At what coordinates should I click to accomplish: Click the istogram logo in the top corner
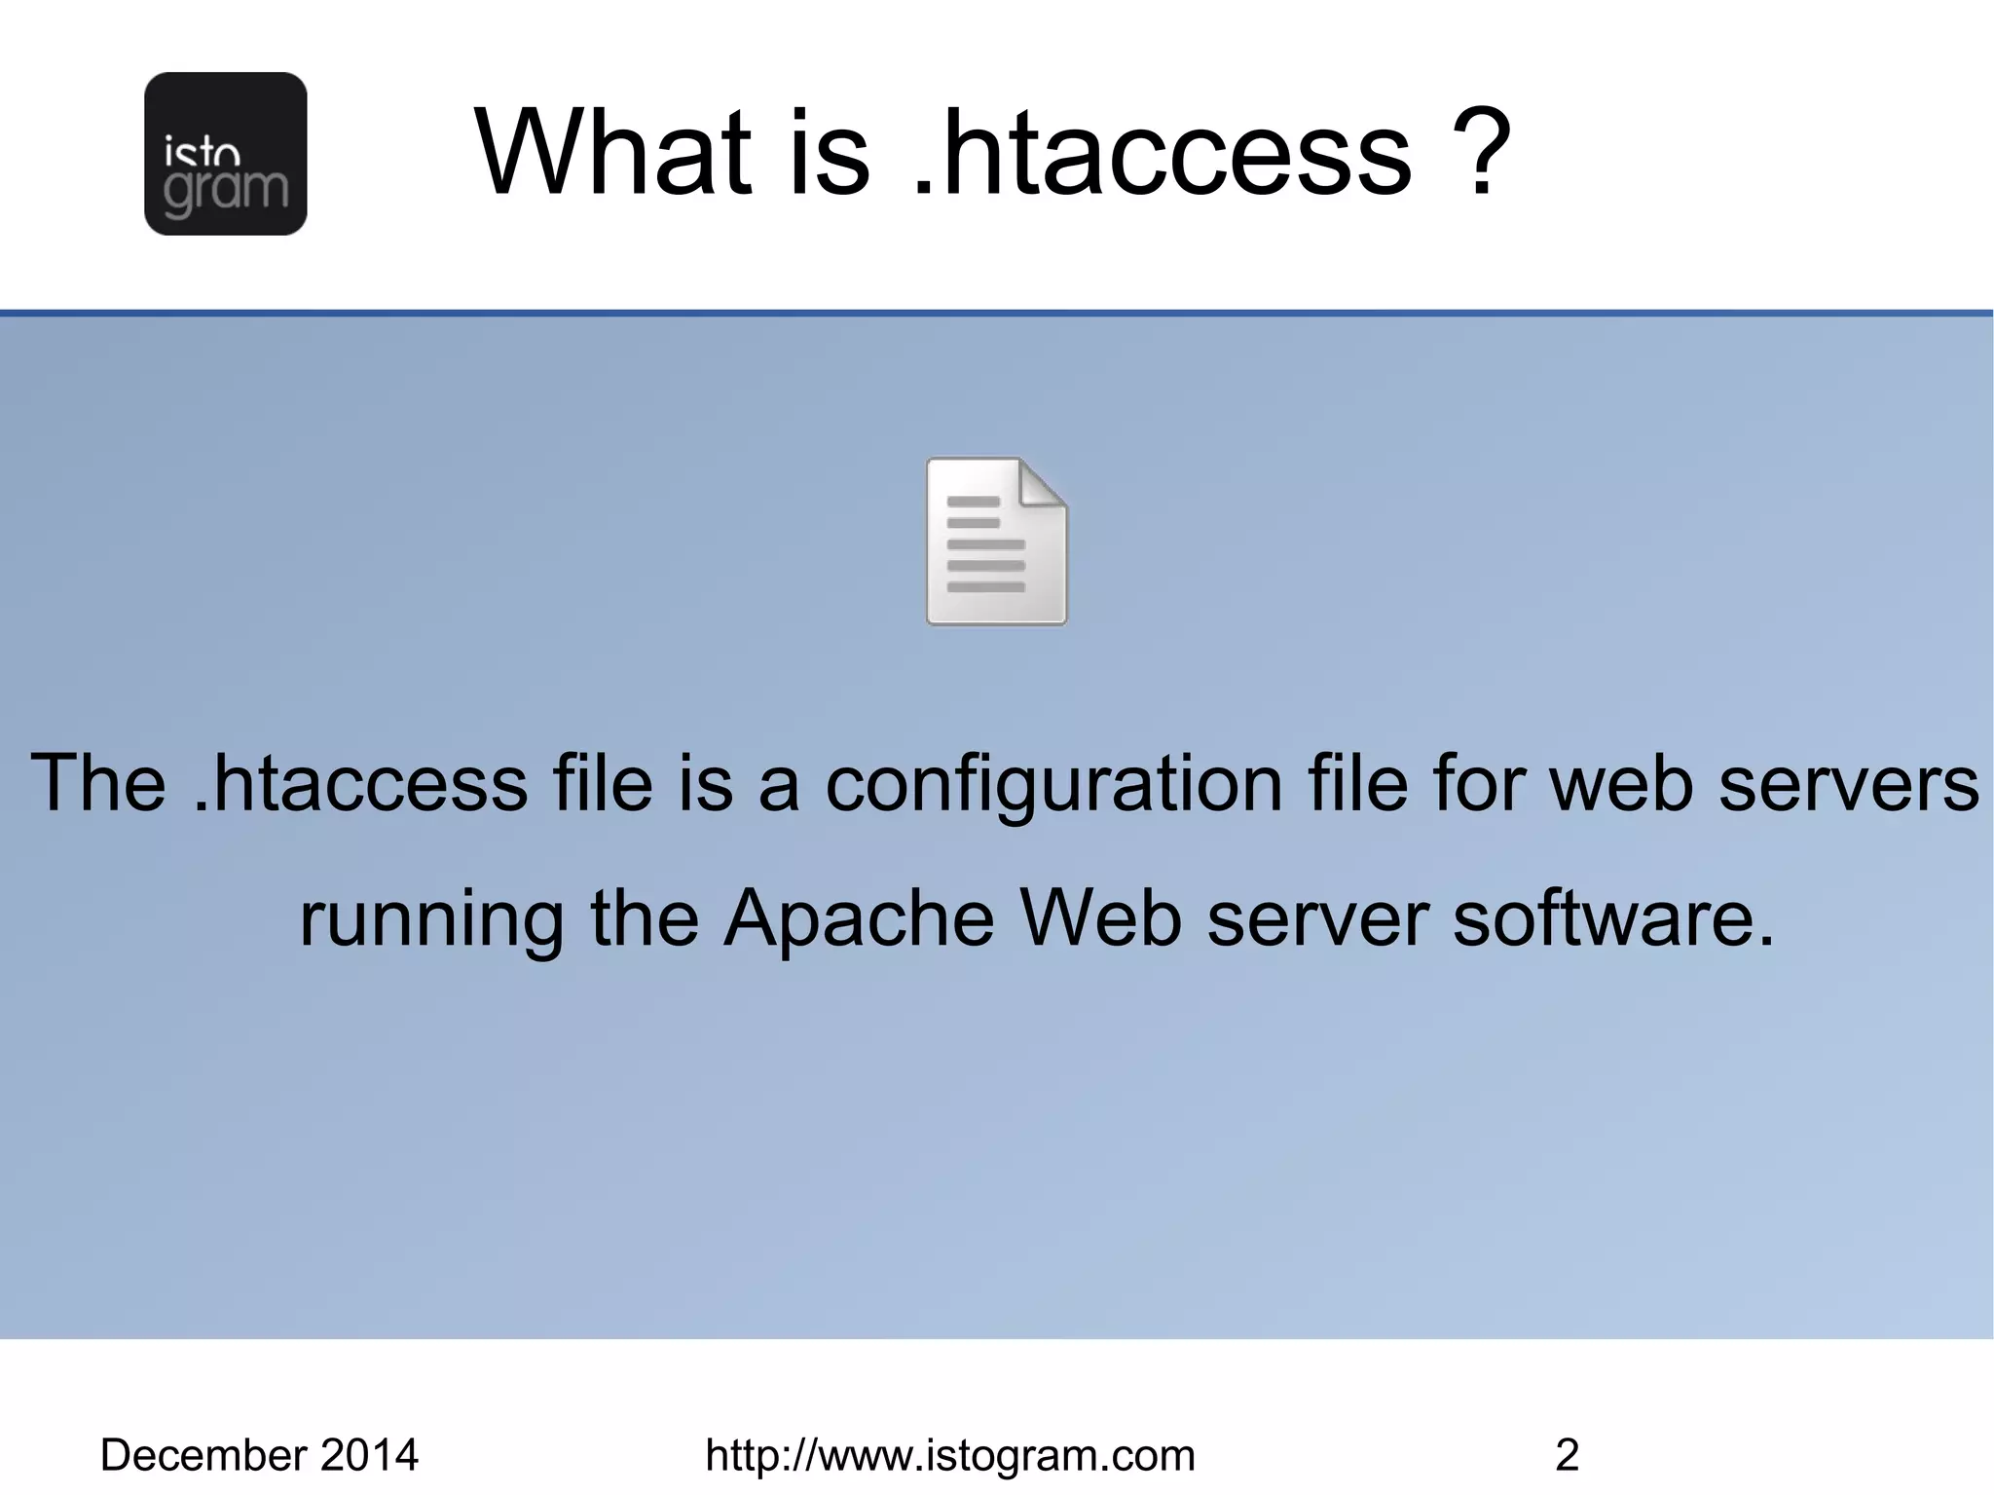225,153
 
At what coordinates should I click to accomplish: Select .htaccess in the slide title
1163,153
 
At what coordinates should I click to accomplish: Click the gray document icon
995,542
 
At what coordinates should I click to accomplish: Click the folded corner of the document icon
1043,483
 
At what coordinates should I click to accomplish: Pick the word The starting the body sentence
98,783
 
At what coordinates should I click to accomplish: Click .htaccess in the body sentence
360,783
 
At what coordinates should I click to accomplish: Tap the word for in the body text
1480,783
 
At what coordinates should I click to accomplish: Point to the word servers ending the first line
1848,785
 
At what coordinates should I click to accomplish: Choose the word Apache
859,918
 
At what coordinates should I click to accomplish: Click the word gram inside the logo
226,191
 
